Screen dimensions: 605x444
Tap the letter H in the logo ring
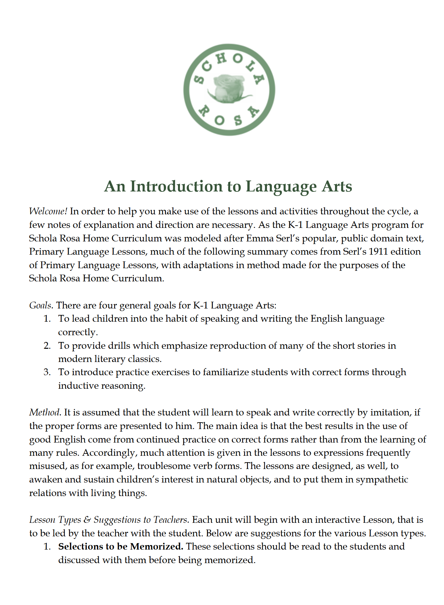point(221,59)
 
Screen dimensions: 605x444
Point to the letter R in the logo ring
point(203,111)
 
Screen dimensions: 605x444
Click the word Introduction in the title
point(176,186)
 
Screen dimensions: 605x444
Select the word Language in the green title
point(281,187)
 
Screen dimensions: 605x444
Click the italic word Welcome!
point(48,211)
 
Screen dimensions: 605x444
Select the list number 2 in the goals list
point(47,346)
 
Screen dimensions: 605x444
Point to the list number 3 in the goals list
point(47,372)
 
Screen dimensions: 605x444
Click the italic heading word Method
point(45,412)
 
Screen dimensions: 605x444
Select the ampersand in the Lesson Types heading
point(87,520)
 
